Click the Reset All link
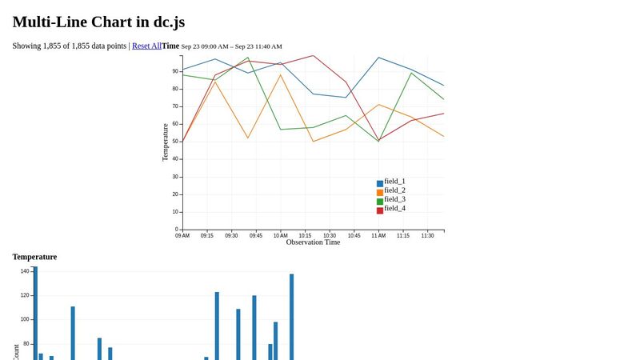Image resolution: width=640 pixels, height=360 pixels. pos(146,46)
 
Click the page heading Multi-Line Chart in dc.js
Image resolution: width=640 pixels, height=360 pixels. pos(98,22)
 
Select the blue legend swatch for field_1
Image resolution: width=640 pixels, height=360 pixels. pos(380,184)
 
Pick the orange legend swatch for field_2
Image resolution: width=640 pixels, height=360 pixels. pos(380,193)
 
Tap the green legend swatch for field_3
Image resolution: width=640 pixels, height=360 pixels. pos(380,202)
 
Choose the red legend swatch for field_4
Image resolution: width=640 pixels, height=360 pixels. pos(380,210)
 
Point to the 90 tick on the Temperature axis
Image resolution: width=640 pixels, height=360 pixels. pos(175,71)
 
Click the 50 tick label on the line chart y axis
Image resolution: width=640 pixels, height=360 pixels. pos(175,142)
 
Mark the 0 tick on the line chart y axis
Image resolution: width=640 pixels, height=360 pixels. pos(177,230)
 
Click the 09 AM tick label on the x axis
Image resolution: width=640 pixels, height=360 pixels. pos(182,236)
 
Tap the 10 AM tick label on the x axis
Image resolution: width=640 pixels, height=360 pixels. pos(280,236)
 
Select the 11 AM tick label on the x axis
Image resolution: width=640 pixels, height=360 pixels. pos(378,236)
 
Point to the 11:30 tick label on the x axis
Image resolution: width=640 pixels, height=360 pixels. pos(427,236)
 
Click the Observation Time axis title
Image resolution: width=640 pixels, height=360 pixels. pos(313,242)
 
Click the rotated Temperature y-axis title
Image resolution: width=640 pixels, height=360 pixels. pos(166,142)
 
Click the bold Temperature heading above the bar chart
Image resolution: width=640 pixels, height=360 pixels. pos(34,257)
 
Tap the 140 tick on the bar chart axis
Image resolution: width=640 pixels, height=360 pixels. pos(24,271)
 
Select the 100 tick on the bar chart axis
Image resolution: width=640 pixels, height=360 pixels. pos(24,319)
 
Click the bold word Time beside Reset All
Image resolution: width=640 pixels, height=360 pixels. pos(170,46)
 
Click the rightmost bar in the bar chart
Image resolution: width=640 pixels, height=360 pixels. pos(291,316)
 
